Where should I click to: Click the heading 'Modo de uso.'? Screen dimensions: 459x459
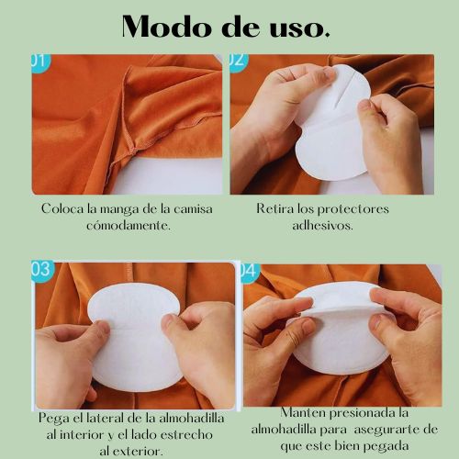pyautogui.click(x=226, y=26)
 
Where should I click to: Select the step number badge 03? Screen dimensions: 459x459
pyautogui.click(x=41, y=271)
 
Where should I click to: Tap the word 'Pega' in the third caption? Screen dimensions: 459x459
pyautogui.click(x=55, y=418)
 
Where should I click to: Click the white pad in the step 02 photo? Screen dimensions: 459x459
pyautogui.click(x=331, y=129)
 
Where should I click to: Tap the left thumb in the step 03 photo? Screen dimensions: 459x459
pyautogui.click(x=96, y=330)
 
